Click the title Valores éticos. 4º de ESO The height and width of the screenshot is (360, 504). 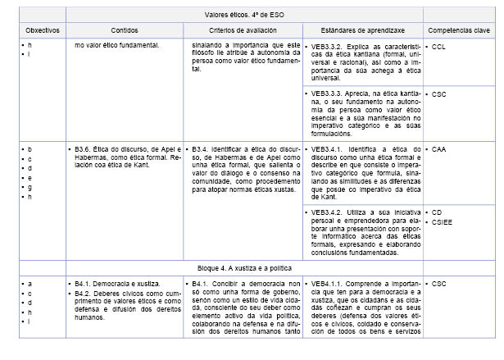[243, 15]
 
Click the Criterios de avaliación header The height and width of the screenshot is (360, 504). [244, 30]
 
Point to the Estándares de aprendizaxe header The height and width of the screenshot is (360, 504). [362, 30]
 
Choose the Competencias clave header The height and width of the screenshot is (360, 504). [458, 30]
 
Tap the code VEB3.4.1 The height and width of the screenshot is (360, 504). [325, 149]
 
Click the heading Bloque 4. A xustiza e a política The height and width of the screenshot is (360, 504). [243, 268]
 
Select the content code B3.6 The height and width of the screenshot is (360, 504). [83, 149]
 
